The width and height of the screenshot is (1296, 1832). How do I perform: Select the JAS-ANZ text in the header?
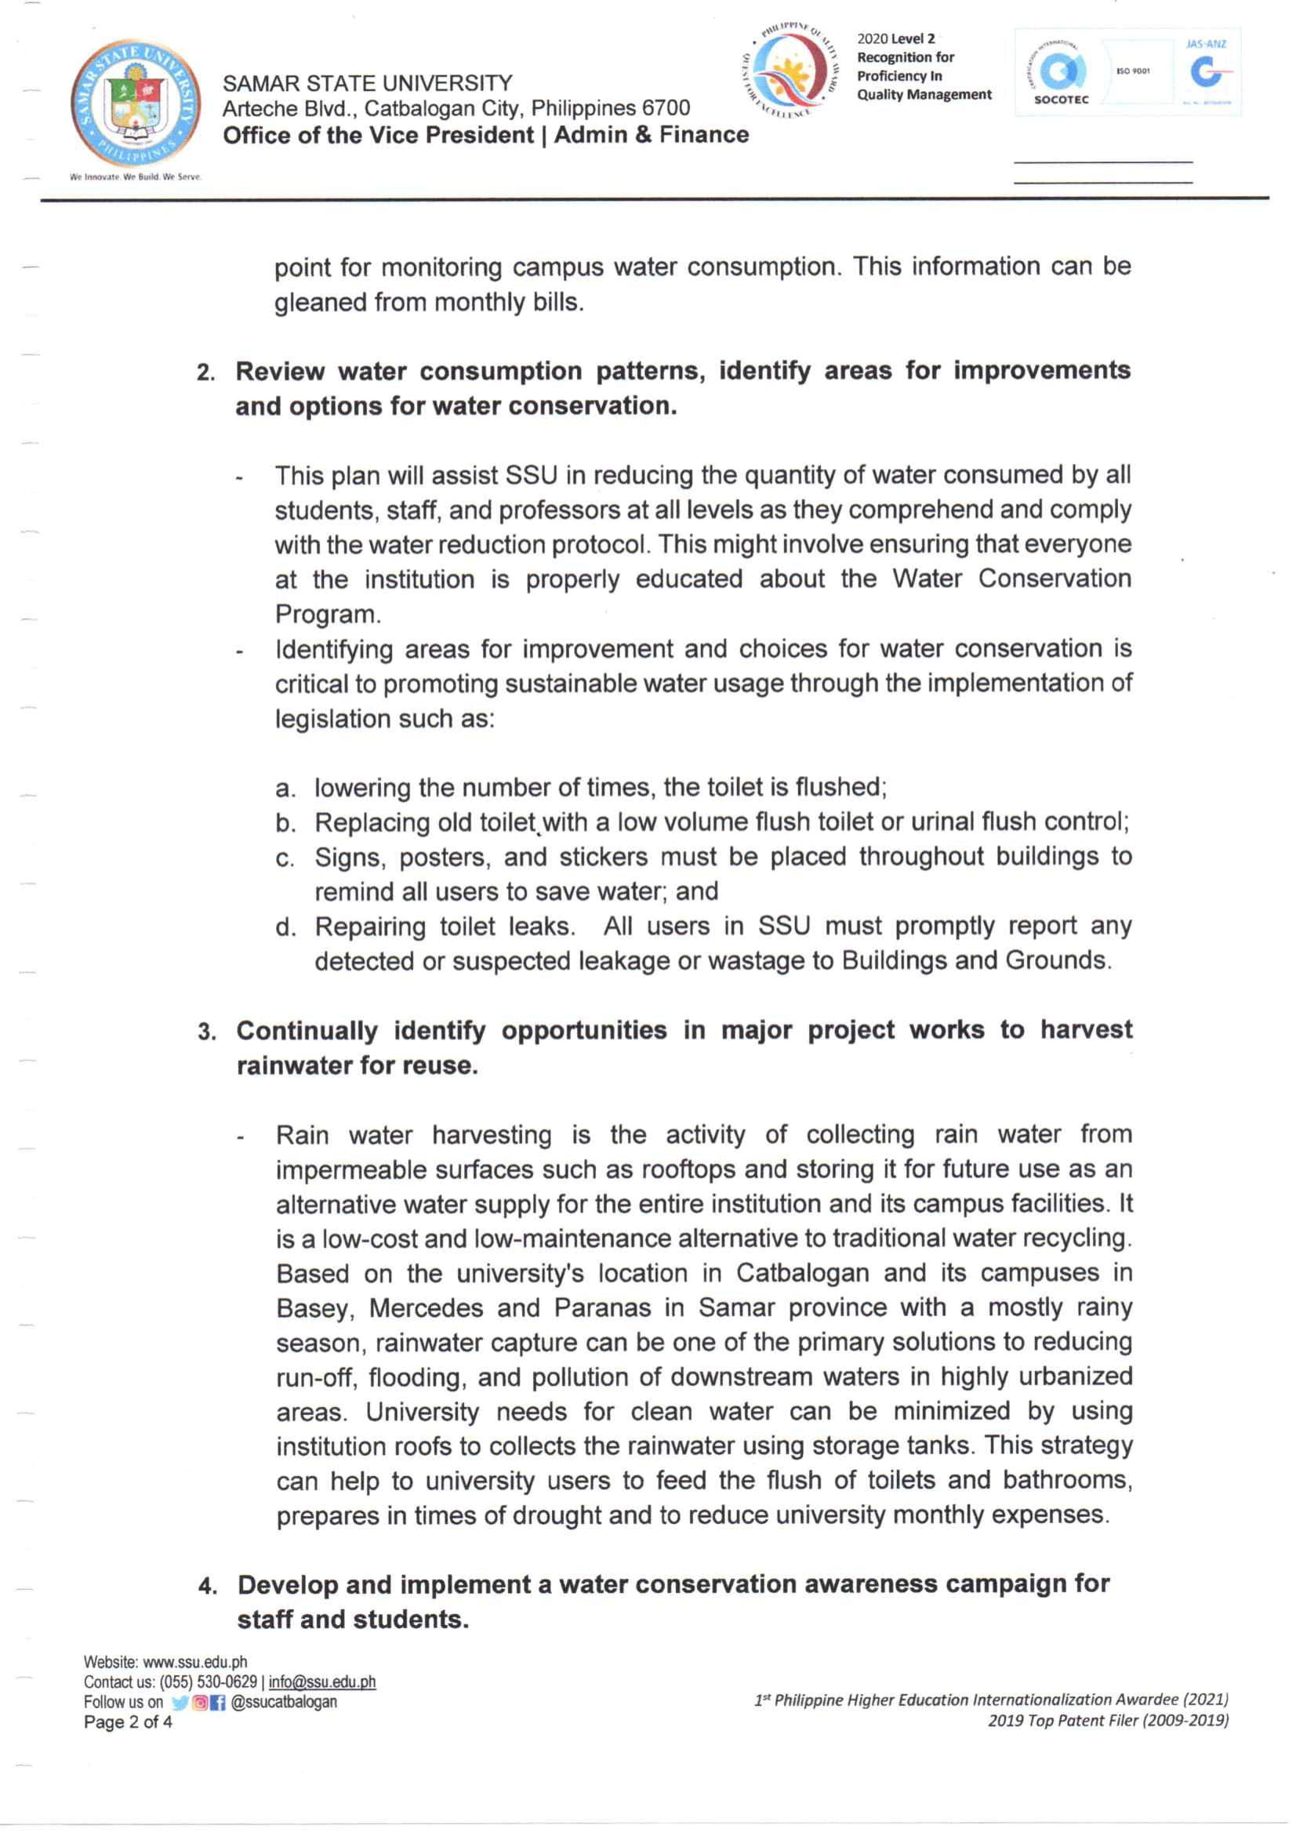pyautogui.click(x=1206, y=45)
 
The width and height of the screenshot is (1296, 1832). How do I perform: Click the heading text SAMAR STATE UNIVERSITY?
pyautogui.click(x=368, y=83)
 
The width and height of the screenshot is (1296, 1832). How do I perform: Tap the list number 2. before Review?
pyautogui.click(x=207, y=373)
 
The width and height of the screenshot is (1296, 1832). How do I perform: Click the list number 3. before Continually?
pyautogui.click(x=208, y=1032)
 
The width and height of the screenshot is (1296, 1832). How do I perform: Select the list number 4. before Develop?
pyautogui.click(x=209, y=1587)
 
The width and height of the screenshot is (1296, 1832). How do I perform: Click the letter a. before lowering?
pyautogui.click(x=285, y=789)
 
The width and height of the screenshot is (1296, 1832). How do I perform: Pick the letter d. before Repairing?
pyautogui.click(x=285, y=928)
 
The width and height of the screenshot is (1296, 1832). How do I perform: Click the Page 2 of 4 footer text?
pyautogui.click(x=128, y=1722)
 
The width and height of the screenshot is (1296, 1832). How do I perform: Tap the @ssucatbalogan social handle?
pyautogui.click(x=283, y=1702)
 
